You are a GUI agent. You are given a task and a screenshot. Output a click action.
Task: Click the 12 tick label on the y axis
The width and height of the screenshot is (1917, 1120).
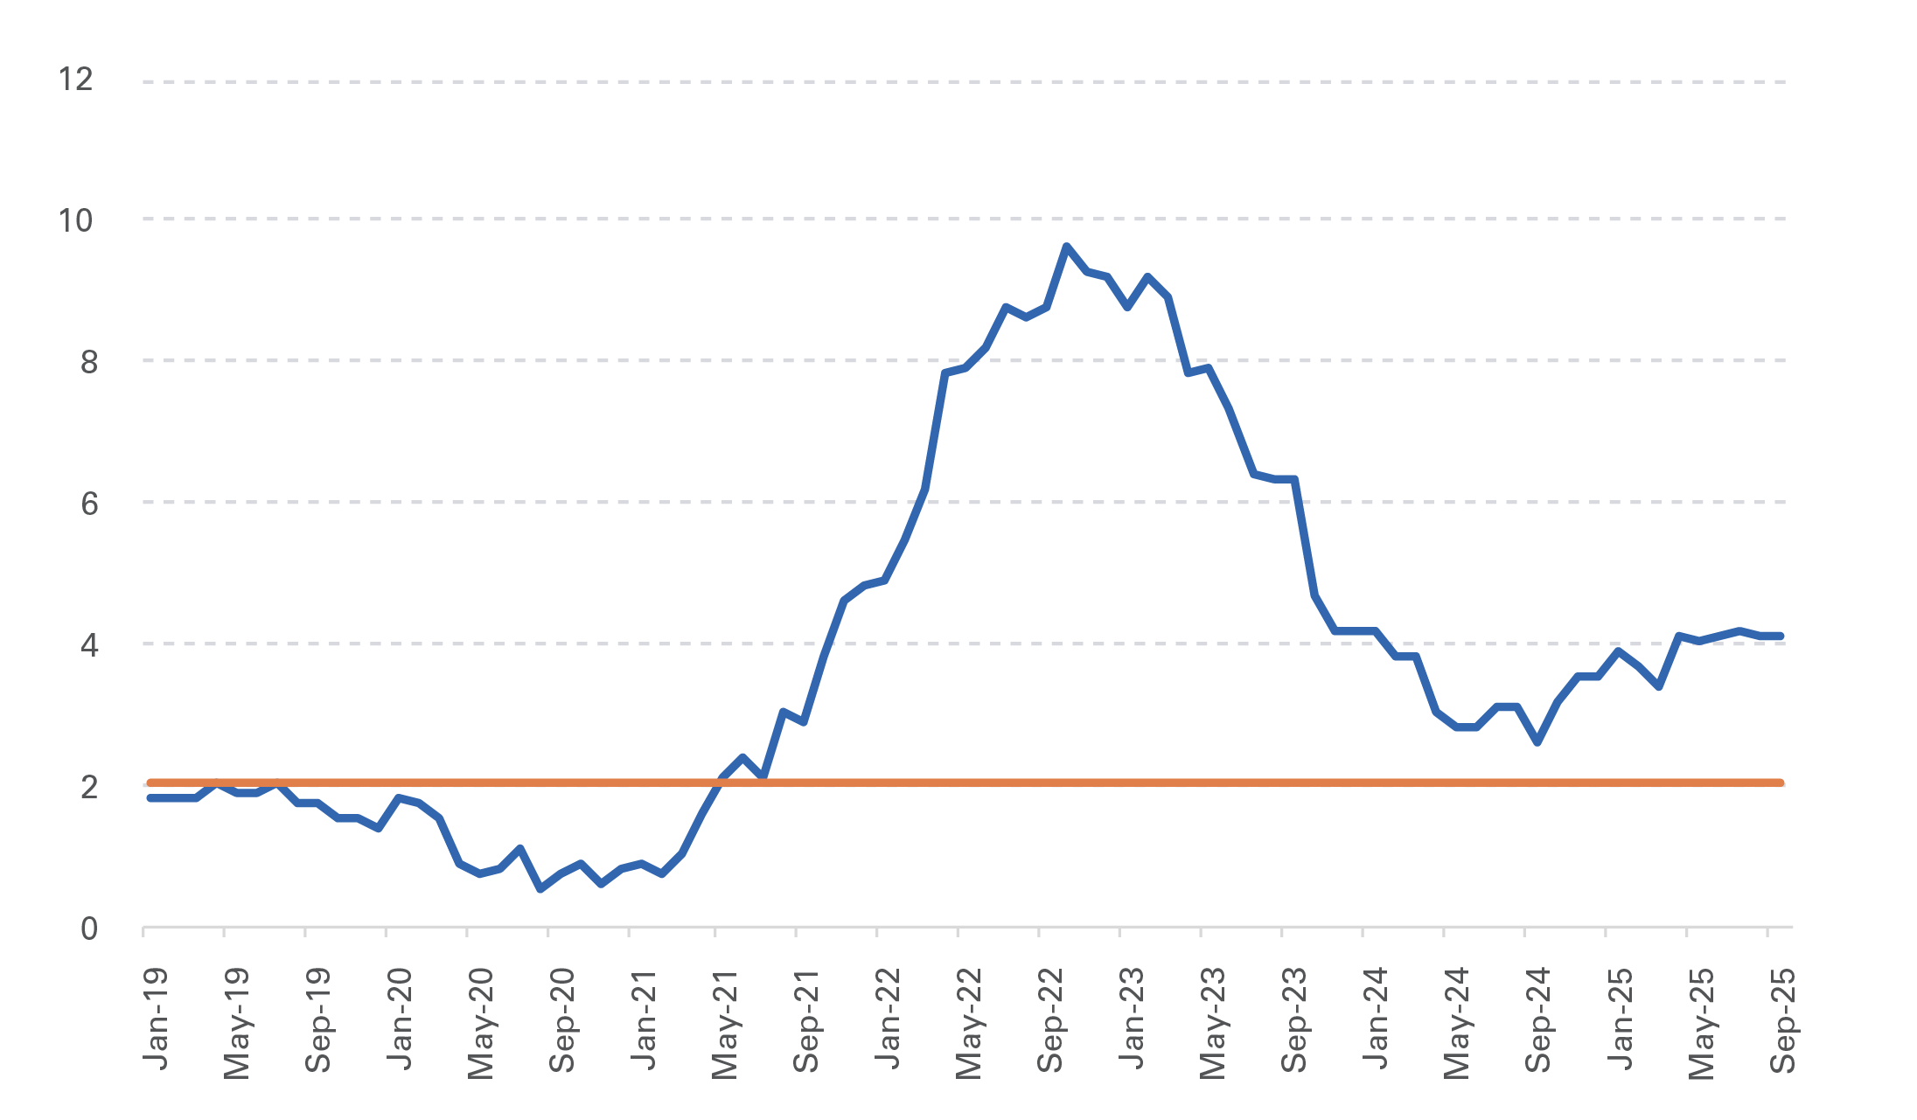click(x=75, y=80)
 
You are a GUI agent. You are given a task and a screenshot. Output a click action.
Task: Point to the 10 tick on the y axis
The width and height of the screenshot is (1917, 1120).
click(x=75, y=221)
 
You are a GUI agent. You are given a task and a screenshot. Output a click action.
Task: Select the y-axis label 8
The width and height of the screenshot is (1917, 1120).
click(x=88, y=362)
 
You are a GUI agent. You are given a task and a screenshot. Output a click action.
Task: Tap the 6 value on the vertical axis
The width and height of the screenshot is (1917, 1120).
click(x=88, y=504)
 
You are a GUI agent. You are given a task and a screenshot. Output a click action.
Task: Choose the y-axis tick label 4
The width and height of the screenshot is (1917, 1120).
click(x=88, y=645)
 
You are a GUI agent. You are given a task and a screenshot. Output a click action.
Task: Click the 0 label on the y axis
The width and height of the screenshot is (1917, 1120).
click(x=88, y=929)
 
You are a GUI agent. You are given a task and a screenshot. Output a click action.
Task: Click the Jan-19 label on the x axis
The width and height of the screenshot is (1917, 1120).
click(x=156, y=1019)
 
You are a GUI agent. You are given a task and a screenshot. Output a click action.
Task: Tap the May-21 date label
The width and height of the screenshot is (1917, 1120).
click(x=725, y=1023)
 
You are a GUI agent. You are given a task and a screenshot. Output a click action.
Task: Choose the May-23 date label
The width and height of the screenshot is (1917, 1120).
click(x=1213, y=1023)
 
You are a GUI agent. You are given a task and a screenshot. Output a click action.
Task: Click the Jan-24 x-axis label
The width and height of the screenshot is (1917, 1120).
click(x=1375, y=1019)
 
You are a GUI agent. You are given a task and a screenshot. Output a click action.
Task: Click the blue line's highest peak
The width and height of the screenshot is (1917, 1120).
click(x=1066, y=247)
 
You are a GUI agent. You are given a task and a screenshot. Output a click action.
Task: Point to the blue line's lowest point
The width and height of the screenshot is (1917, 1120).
click(x=540, y=889)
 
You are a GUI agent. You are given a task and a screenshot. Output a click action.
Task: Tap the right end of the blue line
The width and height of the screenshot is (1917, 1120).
click(x=1781, y=637)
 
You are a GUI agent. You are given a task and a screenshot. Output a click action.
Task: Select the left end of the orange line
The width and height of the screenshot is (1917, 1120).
click(x=150, y=783)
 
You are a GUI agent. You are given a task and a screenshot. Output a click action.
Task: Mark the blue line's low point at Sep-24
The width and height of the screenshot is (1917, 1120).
click(x=1537, y=742)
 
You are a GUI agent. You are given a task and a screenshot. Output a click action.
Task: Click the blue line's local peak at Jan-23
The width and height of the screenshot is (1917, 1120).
click(x=1147, y=277)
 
